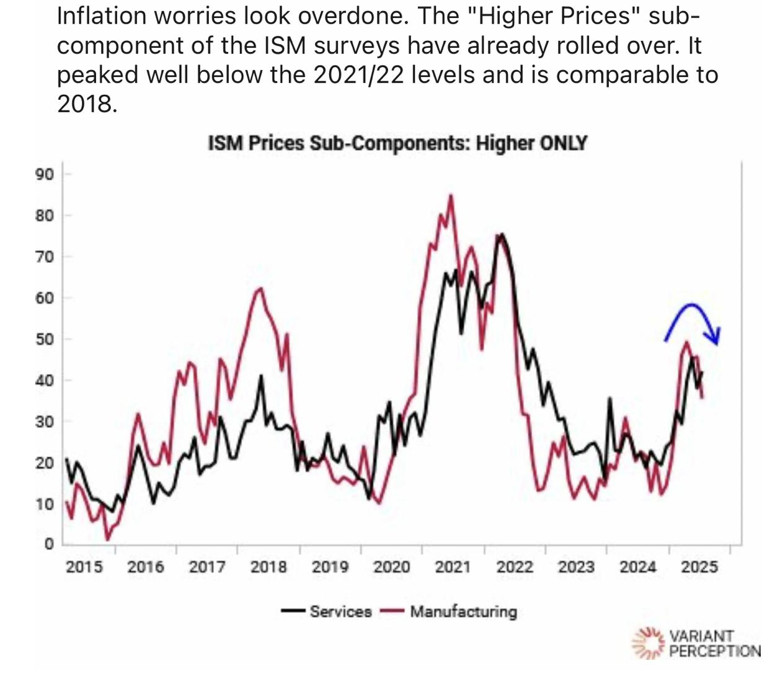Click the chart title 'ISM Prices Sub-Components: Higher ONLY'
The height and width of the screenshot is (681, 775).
(x=397, y=143)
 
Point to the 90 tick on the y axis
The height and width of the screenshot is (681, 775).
(x=45, y=174)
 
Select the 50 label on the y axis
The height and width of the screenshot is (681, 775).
(x=45, y=339)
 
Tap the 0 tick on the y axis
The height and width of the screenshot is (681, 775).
(x=49, y=544)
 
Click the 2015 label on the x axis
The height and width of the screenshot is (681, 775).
(x=84, y=566)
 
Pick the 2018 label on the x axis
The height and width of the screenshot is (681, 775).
(x=268, y=566)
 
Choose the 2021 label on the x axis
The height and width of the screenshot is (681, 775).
(x=453, y=566)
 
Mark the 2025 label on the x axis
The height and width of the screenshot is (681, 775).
(x=699, y=566)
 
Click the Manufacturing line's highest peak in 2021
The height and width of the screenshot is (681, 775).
(x=451, y=196)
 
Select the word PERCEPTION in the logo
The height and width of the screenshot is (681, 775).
(x=714, y=651)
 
